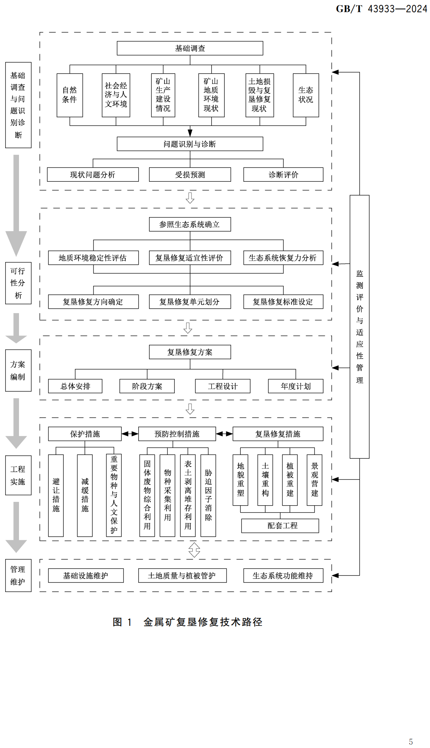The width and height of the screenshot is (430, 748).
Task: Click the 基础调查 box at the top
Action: tap(190, 48)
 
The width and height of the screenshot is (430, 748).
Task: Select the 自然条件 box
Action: tap(70, 95)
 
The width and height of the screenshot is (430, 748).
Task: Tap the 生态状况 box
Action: tap(306, 95)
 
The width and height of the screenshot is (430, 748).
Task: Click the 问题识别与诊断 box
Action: tap(190, 144)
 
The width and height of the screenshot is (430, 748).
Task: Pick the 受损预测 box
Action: tap(190, 174)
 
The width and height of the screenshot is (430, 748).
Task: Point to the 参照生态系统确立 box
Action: tap(190, 224)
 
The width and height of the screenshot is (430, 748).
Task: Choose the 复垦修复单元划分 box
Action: tap(190, 302)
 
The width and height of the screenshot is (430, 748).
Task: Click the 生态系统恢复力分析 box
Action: tap(283, 258)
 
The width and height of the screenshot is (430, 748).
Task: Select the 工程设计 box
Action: tap(222, 386)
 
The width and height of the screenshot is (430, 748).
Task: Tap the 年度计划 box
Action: tap(295, 386)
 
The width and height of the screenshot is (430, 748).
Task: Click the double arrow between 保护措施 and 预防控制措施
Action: tap(130, 434)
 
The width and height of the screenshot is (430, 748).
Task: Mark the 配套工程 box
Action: tap(280, 525)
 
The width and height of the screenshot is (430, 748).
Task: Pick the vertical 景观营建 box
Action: tap(314, 480)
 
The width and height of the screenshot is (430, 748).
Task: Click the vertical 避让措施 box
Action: tap(56, 495)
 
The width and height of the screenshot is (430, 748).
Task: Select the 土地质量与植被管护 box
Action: tap(182, 575)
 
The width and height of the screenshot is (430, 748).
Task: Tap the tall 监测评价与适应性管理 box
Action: tap(359, 326)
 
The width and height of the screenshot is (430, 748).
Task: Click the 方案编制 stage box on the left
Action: tap(18, 370)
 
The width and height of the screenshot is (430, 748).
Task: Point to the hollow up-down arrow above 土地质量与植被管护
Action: tap(194, 550)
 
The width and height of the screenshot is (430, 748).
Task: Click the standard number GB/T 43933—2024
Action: tap(381, 9)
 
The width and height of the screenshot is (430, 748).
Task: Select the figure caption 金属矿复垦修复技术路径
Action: tap(203, 622)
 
